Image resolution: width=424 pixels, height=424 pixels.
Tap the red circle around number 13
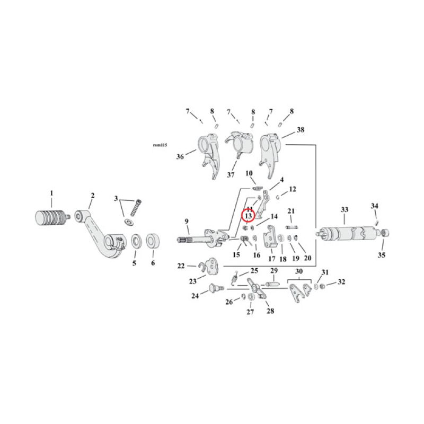tap(248, 216)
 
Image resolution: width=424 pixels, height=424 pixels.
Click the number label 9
tap(186, 221)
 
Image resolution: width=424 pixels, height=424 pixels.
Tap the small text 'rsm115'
tap(160, 145)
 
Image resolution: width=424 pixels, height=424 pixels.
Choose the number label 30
tap(300, 271)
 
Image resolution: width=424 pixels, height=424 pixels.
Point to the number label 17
tap(271, 259)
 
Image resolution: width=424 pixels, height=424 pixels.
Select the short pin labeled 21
tap(291, 227)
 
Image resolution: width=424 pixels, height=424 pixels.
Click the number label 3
tap(116, 198)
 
